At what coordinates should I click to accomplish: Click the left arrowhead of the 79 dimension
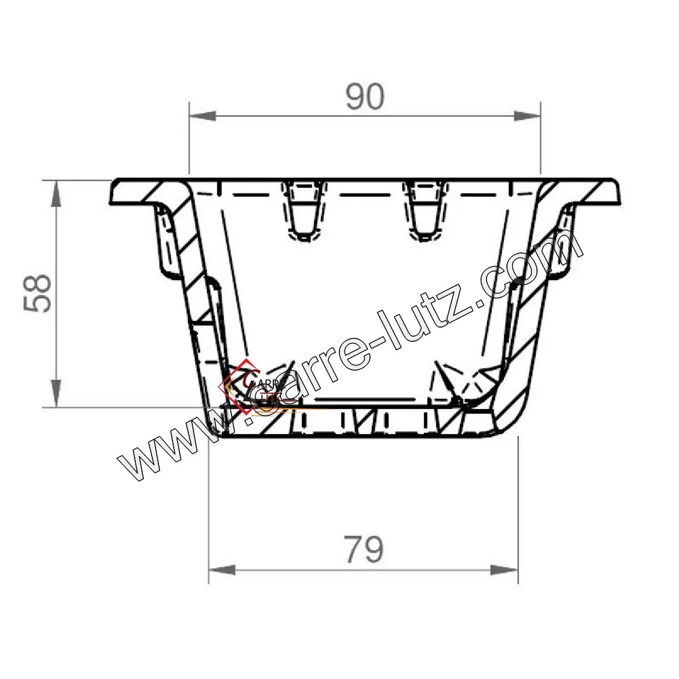click(x=222, y=570)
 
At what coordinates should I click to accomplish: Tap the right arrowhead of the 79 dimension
click(x=505, y=570)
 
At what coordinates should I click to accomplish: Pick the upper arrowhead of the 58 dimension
click(x=57, y=194)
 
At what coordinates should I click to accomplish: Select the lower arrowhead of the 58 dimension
click(x=57, y=394)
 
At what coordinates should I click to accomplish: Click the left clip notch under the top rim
click(x=304, y=210)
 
